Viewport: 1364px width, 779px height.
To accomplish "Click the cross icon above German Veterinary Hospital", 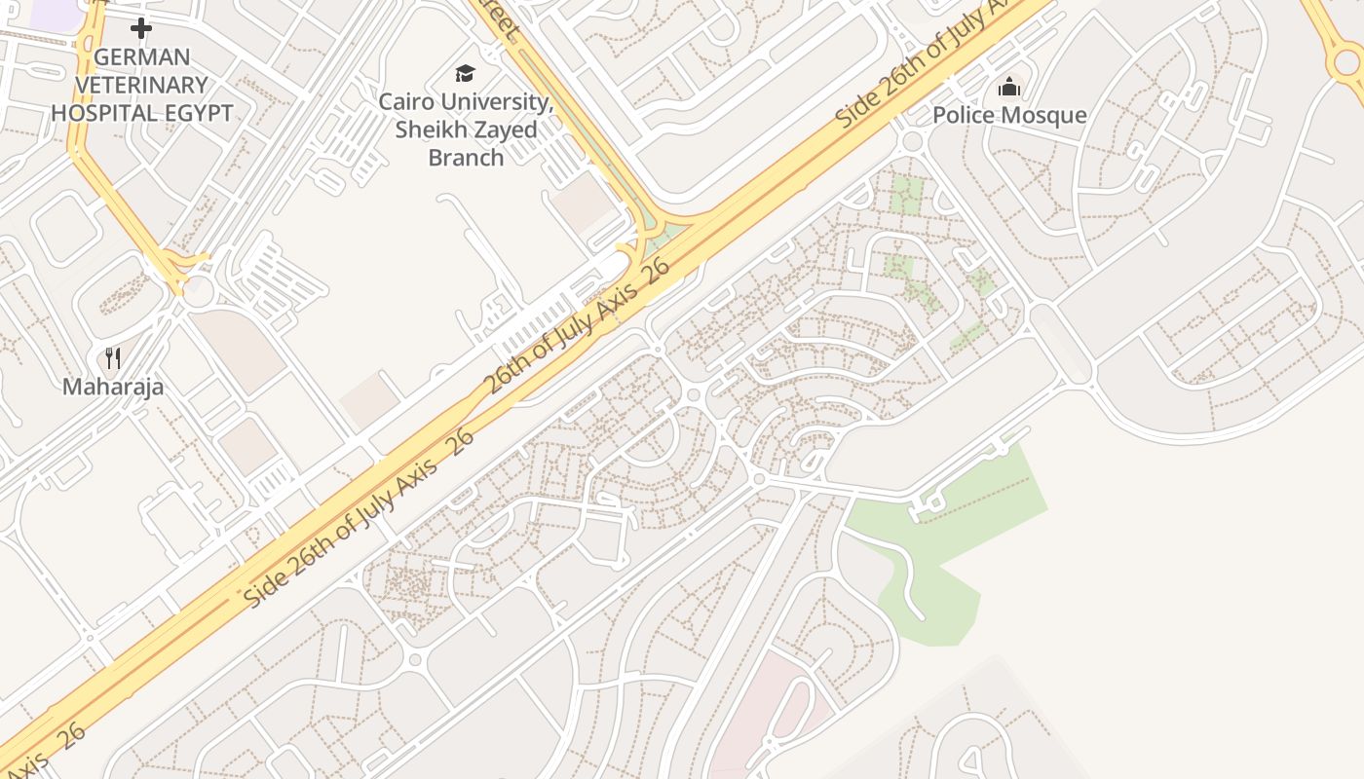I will [x=141, y=28].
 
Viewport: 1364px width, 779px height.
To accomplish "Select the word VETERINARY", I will [x=142, y=85].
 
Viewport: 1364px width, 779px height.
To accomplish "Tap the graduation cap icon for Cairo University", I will [x=466, y=73].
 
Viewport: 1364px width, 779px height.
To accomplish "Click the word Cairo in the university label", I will [x=408, y=101].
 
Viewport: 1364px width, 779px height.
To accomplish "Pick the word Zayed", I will [x=506, y=130].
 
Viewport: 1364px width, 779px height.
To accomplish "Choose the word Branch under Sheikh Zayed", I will [x=466, y=157].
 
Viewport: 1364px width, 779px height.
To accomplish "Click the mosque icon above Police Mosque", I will [x=1009, y=88].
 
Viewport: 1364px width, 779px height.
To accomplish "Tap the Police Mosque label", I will [x=1009, y=115].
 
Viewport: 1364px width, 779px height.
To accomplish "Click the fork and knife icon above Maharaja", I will [x=113, y=358].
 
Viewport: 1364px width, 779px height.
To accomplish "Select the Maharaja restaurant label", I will [x=113, y=387].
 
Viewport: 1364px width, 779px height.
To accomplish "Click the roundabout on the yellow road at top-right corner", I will [x=1346, y=62].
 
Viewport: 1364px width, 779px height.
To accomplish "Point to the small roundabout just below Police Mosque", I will [x=913, y=142].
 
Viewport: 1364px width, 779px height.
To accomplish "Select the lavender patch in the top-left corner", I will [x=54, y=12].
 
